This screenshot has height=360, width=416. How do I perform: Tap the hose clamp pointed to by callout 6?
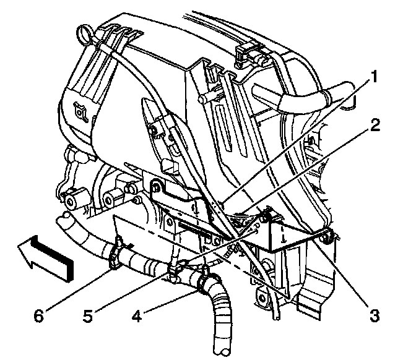(x=115, y=255)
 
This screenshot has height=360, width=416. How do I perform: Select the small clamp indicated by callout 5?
(x=173, y=270)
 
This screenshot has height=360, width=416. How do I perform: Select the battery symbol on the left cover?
(x=80, y=113)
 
